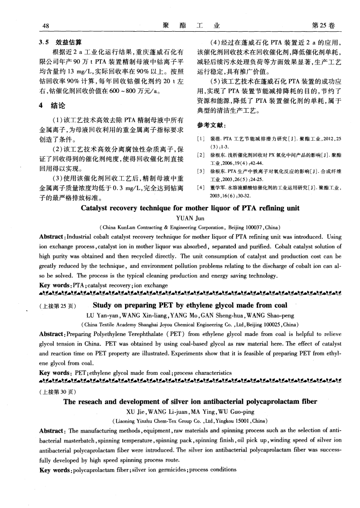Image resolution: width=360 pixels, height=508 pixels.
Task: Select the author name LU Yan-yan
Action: point(102,315)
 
